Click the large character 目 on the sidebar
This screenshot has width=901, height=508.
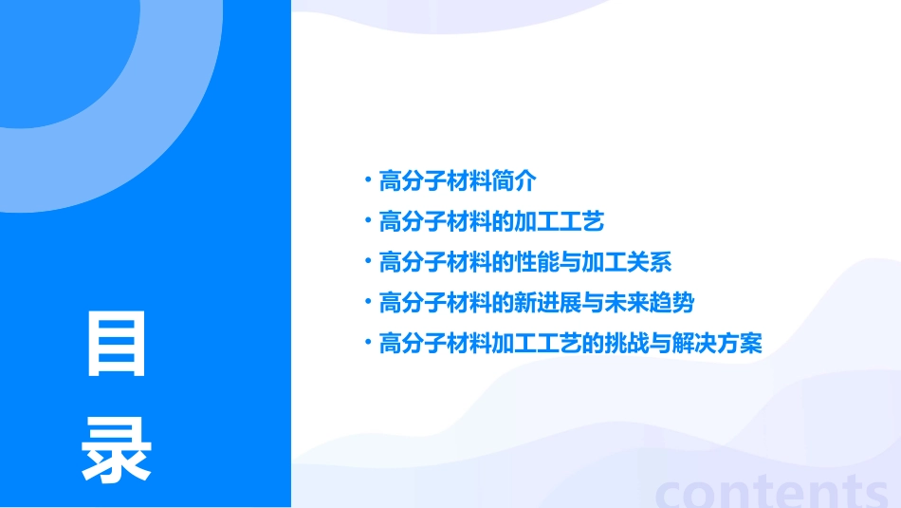pos(117,344)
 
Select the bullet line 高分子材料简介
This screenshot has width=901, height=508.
pos(457,180)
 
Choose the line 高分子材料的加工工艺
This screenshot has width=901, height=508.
pos(491,222)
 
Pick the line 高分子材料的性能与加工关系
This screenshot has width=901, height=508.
pos(524,263)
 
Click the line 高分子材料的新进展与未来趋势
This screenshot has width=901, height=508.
pos(536,304)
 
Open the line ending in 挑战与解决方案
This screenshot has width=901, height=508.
pos(570,344)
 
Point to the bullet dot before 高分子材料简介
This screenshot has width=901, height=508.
pos(368,180)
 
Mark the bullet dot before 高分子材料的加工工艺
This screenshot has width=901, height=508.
pos(368,222)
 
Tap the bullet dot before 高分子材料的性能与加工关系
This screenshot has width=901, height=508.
pos(368,263)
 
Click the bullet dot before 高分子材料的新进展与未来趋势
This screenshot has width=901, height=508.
pos(368,304)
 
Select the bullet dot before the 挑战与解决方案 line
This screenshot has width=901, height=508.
pos(368,344)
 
